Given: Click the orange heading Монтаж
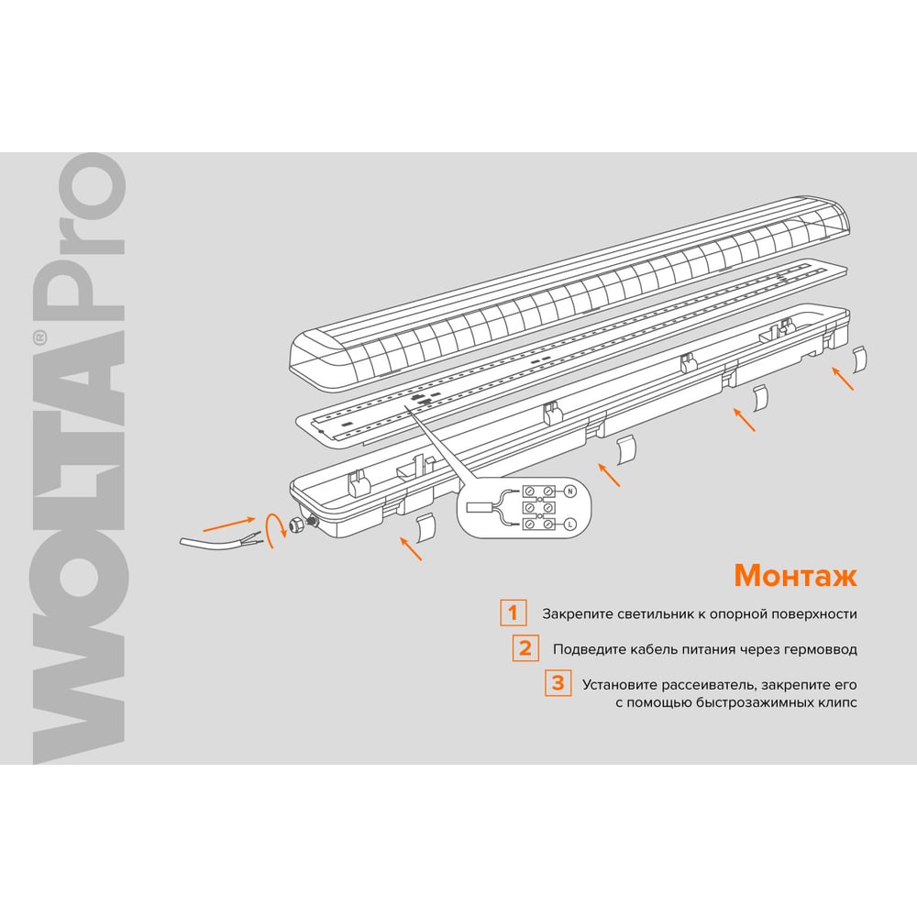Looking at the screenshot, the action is pos(795,576).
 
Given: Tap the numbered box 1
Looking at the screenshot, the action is pos(513,613).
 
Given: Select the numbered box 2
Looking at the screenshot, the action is pos(525,648).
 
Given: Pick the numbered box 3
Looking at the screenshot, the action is pos(558,682).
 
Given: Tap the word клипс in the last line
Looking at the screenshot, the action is pos(839,702).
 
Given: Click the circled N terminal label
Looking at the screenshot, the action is pos(570,492).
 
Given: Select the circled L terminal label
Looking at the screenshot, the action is pos(570,524).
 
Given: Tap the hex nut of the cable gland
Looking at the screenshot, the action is pos(297,524).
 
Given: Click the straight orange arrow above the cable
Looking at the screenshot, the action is pos(229,524).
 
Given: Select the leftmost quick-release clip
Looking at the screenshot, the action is pos(425,527).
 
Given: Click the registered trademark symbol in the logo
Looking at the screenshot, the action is pos(39,338).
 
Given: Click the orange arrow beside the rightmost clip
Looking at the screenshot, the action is pos(843,378).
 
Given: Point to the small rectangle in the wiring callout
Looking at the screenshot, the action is pos(480,506).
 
